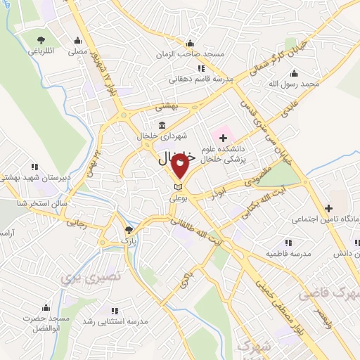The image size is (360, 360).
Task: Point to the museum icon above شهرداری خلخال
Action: click(162, 125)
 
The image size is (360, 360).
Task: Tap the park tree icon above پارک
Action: click(128, 230)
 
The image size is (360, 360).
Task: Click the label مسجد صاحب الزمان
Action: click(200, 54)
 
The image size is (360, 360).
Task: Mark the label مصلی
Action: click(77, 51)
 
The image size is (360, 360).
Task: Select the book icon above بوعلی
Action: click(177, 186)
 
